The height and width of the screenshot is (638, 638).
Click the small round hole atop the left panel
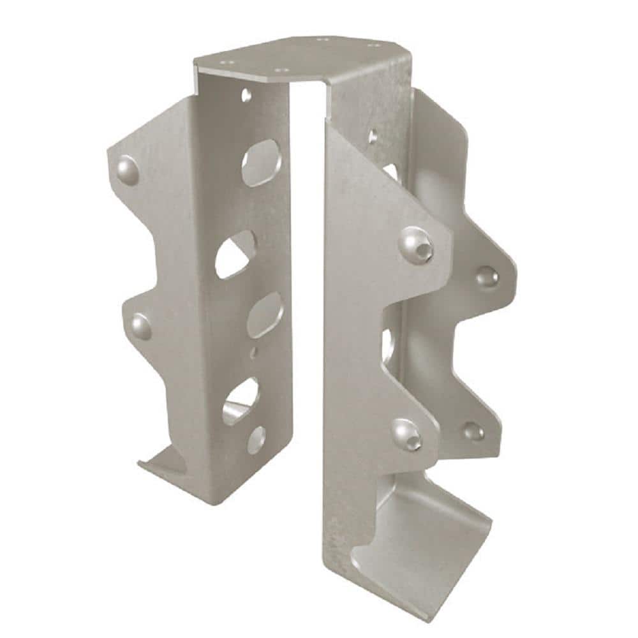[x=246, y=96]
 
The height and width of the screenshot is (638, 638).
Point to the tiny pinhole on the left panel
[x=255, y=351]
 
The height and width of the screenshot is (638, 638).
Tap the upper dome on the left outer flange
[x=128, y=168]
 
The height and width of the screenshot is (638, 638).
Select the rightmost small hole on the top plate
[x=369, y=45]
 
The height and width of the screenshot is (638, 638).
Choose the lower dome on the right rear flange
[x=473, y=431]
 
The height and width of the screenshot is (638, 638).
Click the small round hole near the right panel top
[x=372, y=136]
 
